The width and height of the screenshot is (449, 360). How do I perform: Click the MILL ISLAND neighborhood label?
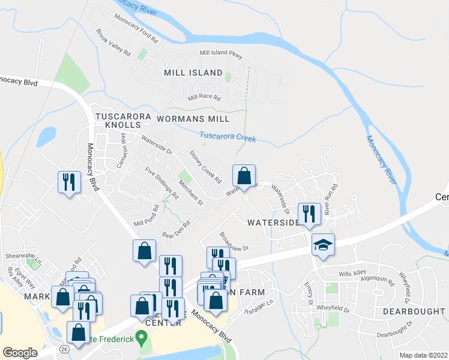(x=193, y=73)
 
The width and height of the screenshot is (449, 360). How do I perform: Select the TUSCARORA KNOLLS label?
(x=118, y=119)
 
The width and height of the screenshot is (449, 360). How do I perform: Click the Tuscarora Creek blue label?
(x=228, y=137)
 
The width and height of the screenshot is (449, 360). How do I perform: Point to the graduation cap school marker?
(x=323, y=245)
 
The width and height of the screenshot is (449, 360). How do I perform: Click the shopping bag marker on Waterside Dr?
(x=244, y=177)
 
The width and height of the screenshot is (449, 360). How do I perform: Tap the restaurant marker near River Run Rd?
(x=309, y=215)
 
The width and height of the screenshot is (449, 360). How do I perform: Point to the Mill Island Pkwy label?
(x=223, y=54)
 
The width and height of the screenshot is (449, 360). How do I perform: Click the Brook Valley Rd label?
(x=113, y=44)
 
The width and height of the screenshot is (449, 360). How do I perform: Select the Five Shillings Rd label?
(x=162, y=183)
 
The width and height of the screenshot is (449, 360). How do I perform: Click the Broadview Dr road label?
(x=234, y=241)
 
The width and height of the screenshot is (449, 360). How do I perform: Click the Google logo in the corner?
(x=20, y=353)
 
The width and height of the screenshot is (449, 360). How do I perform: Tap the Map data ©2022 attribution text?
(x=424, y=355)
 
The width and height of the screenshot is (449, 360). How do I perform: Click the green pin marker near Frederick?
(x=141, y=338)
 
